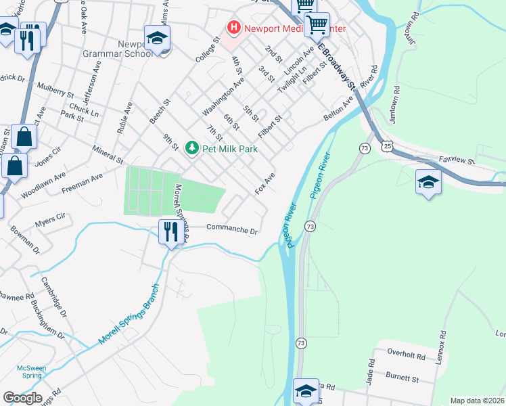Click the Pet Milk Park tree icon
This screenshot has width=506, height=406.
[x=192, y=148]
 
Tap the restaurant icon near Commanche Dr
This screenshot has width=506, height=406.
[x=169, y=232]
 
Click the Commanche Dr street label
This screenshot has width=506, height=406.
[x=232, y=229]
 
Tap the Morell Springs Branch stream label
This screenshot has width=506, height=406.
[x=131, y=313]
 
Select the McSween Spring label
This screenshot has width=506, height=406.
[x=32, y=372]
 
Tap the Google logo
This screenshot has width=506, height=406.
[x=22, y=398]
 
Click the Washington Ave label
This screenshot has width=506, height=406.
[x=223, y=96]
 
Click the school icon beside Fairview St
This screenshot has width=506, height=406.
[x=428, y=182]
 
